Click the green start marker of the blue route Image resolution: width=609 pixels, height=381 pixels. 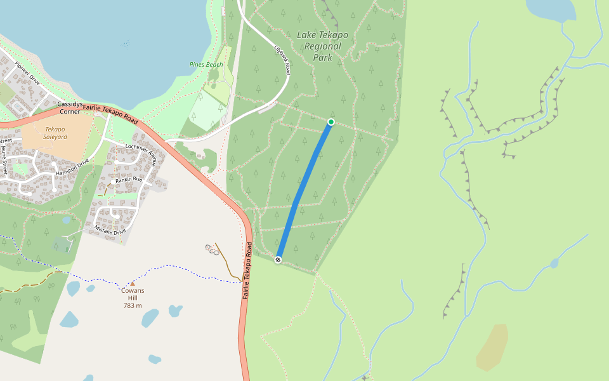coord(331,121)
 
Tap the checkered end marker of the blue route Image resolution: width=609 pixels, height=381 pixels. coord(278,260)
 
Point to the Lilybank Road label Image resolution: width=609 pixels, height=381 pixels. coord(282,60)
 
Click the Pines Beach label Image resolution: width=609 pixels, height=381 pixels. coord(206,65)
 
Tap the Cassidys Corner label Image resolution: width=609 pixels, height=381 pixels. coord(70,107)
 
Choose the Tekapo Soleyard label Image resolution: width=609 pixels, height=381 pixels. coord(55,133)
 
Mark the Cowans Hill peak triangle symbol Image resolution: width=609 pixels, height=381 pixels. coord(132,284)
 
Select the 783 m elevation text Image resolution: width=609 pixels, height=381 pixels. coord(133,305)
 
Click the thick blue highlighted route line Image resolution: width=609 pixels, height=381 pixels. coord(304,190)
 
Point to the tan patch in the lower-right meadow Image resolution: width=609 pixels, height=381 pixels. coord(492,347)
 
